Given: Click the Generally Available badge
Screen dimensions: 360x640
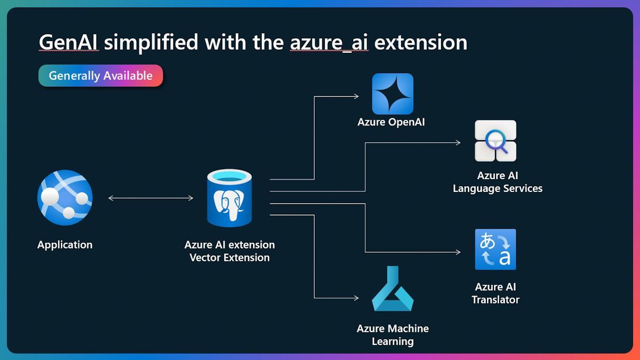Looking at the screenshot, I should (x=100, y=76).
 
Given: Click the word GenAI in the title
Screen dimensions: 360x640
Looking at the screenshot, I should (x=68, y=42).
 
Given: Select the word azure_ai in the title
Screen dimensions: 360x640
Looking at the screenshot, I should (x=329, y=42).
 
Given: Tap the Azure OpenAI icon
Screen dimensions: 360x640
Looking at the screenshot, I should (x=393, y=94).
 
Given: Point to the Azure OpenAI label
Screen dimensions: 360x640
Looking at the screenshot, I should (x=391, y=122).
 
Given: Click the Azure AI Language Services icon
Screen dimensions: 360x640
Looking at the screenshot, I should (x=495, y=141).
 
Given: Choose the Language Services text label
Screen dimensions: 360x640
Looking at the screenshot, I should (x=498, y=188).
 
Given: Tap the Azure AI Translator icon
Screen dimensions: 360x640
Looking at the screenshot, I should (x=495, y=249).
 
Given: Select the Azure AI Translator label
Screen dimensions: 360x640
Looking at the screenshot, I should (x=495, y=293).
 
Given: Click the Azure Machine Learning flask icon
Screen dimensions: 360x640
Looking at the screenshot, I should (x=393, y=289).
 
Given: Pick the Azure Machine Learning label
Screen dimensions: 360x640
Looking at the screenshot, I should (x=393, y=335).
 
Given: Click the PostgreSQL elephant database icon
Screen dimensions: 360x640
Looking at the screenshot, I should (x=229, y=198).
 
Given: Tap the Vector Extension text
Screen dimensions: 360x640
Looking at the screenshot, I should (x=229, y=258).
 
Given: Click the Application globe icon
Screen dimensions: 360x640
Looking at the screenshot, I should (x=65, y=197).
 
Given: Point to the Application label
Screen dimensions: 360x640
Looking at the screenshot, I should (x=65, y=245).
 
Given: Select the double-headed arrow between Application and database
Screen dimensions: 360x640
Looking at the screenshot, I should (x=150, y=198).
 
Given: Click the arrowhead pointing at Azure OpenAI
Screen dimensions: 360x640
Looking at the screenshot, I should (x=356, y=97).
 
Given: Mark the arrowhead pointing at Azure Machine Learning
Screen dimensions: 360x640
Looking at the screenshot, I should (x=356, y=298).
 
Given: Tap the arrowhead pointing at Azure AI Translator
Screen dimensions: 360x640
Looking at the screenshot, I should (x=458, y=252).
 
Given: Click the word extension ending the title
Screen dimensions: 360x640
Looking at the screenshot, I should (x=421, y=42).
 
